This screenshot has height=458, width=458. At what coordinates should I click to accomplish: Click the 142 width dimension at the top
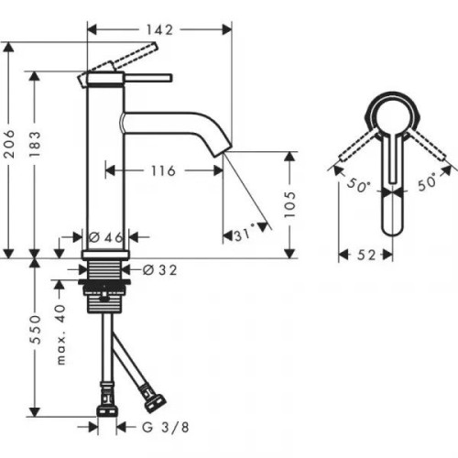click(158, 29)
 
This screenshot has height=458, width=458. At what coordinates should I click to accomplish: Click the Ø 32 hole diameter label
click(159, 269)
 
